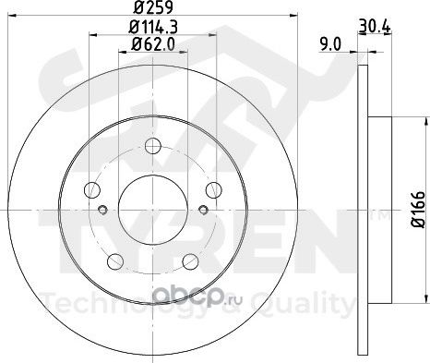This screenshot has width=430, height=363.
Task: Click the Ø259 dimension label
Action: [153, 7]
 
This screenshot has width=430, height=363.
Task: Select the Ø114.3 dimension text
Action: [153, 27]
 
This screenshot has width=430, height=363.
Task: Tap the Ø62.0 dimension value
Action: [153, 45]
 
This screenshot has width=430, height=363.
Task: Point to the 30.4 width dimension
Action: [375, 26]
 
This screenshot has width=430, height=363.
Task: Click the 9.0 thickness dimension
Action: [330, 45]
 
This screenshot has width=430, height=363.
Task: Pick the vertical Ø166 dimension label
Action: [418, 210]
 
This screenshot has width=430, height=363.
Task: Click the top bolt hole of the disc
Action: [153, 146]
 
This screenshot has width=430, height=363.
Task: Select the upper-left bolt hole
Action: [92, 189]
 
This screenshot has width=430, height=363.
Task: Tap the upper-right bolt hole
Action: [214, 190]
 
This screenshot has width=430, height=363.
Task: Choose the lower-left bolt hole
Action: [115, 261]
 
